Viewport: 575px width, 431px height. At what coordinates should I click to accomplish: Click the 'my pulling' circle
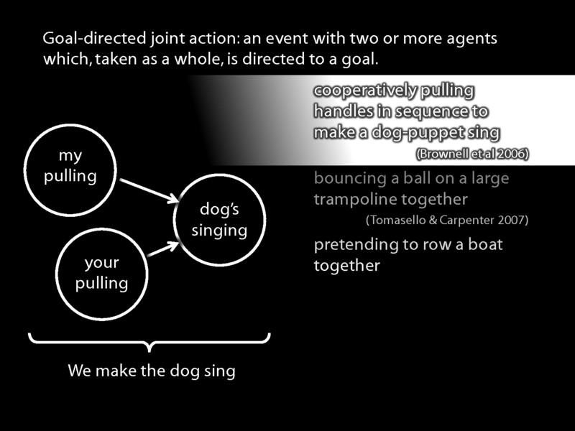[x=70, y=167]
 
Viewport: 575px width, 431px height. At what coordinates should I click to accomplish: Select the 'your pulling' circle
[x=101, y=273]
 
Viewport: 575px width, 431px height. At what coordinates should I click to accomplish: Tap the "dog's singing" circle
[x=219, y=220]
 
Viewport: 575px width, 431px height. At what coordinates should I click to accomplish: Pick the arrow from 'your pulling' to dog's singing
[x=163, y=249]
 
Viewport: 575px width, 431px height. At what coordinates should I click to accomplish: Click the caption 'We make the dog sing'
[x=152, y=371]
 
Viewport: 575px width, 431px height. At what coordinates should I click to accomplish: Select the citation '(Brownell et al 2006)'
[x=471, y=154]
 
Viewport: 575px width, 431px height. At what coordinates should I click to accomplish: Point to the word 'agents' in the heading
[x=474, y=38]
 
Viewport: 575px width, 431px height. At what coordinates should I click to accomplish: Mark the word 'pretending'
[x=356, y=244]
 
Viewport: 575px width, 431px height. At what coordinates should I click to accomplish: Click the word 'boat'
[x=485, y=244]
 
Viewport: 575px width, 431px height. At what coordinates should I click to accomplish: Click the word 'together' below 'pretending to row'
[x=346, y=266]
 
